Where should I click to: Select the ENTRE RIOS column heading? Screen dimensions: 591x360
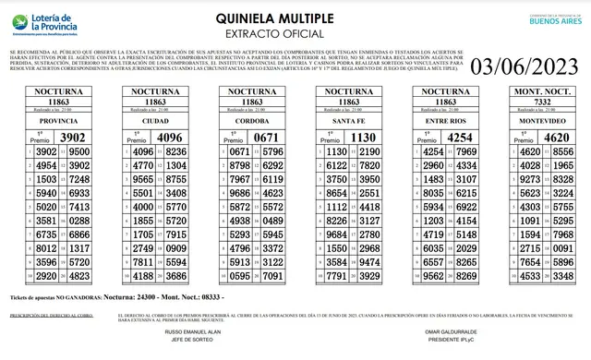[x=446, y=121]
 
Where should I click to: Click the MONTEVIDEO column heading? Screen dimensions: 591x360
[x=542, y=121]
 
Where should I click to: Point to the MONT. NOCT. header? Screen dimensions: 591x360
[x=542, y=93]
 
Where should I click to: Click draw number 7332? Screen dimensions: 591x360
[x=542, y=102]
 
